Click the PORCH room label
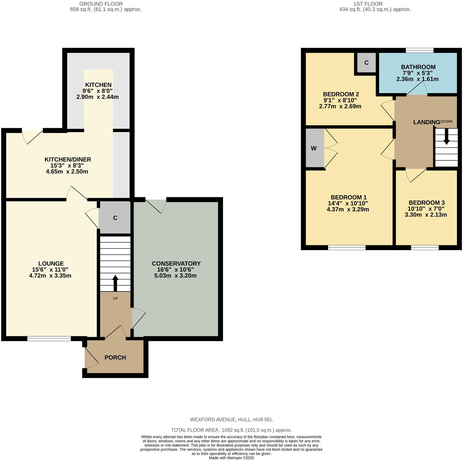coord(115,358)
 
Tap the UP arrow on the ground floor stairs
coord(115,283)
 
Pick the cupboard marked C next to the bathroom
coord(366,63)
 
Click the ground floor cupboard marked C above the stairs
coord(115,218)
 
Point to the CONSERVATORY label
coord(176,263)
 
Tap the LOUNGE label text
coord(51,263)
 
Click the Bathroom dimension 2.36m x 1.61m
coord(417,79)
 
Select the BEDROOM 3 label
coord(426,203)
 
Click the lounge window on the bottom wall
coord(49,339)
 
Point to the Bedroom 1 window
coord(347,248)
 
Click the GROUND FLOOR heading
coord(101,4)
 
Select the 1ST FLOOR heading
coord(368,4)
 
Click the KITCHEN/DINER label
coord(68,159)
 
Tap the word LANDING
coord(426,122)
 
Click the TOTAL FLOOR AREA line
coord(231,430)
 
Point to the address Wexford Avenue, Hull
coord(231,420)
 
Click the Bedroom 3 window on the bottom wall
coord(425,248)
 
